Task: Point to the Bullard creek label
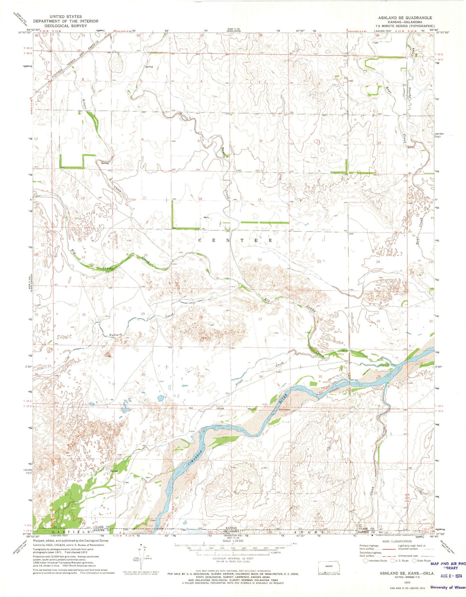coord(115,335)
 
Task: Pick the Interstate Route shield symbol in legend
coord(365,561)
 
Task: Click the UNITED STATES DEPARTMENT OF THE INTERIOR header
coord(65,21)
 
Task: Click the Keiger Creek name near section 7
coord(85,104)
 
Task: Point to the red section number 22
coord(260,260)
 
